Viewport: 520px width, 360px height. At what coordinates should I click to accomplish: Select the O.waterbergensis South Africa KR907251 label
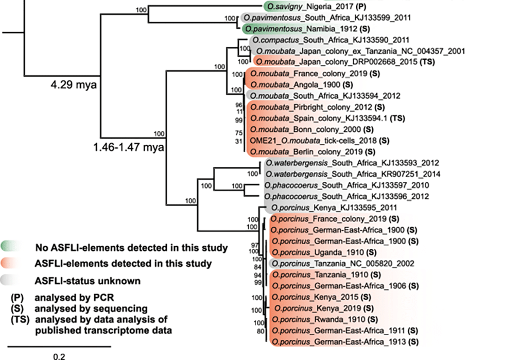point(352,174)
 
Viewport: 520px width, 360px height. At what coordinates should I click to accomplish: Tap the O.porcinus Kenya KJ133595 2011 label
point(333,208)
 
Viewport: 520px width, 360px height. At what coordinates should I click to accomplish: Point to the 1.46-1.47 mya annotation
point(128,148)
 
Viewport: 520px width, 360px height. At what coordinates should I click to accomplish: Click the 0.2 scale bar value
point(60,356)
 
